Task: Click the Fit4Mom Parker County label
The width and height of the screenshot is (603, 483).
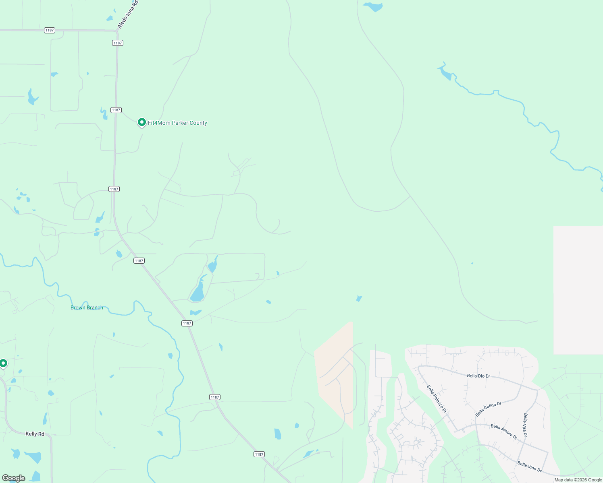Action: [177, 123]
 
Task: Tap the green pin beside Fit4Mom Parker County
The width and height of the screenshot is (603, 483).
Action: [141, 122]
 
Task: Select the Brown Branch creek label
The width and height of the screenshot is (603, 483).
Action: [87, 308]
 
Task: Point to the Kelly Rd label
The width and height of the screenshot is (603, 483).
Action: [35, 434]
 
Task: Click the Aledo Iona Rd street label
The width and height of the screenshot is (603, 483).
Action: [128, 14]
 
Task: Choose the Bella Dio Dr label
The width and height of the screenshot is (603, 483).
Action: [478, 376]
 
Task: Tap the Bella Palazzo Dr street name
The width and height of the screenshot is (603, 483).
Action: [437, 398]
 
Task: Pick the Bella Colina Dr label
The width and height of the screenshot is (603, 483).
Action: [488, 409]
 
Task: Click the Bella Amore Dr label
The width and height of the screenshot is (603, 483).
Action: [504, 431]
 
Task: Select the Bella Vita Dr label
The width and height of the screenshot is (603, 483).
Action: [525, 425]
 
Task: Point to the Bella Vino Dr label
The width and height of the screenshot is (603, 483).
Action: [529, 467]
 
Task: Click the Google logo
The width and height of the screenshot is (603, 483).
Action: [14, 478]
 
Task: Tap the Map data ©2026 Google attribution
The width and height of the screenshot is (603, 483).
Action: [578, 480]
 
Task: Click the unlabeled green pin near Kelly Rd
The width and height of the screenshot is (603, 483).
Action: [3, 363]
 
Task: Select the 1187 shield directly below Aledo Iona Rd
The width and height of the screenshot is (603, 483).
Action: [118, 43]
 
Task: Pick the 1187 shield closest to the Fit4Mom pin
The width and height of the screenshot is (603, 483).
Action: [116, 110]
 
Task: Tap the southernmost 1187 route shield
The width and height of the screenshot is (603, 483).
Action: [259, 454]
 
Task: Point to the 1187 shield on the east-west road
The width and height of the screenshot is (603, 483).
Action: [50, 30]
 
